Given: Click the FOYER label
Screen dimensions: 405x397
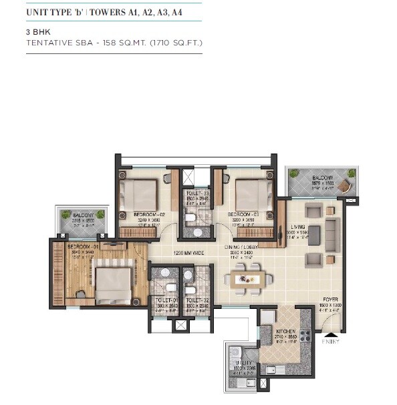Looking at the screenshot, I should tap(330, 300).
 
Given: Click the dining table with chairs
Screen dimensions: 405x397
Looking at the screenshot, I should tap(253, 276).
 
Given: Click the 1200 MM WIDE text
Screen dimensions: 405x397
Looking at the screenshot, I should tap(186, 253).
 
